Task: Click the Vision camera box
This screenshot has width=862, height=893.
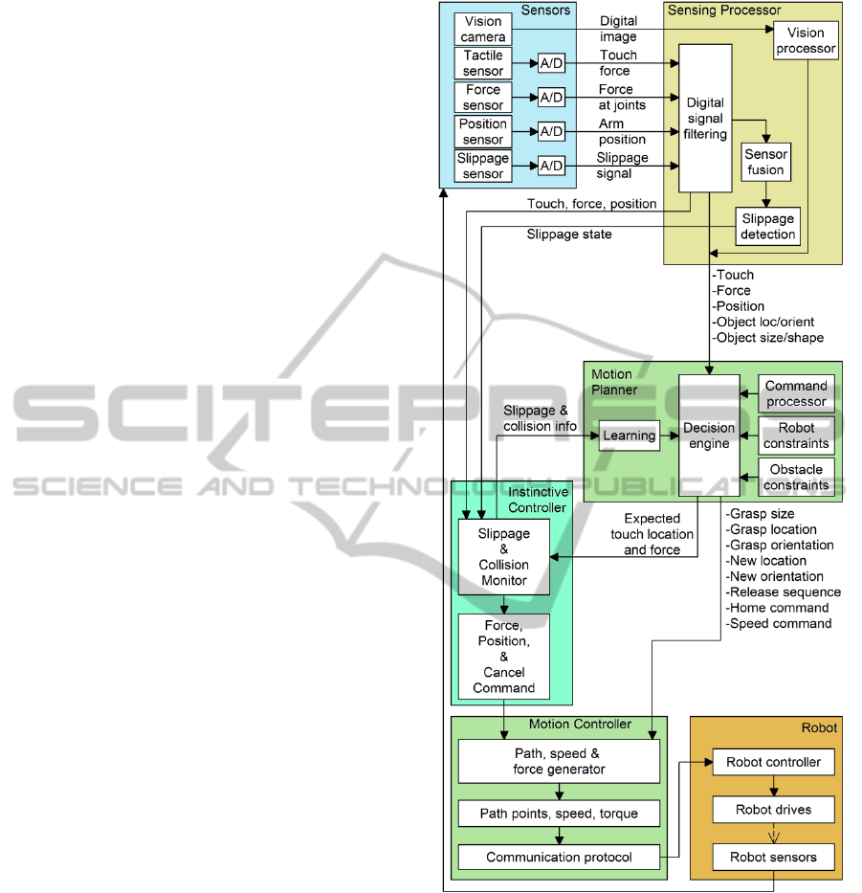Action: click(x=483, y=29)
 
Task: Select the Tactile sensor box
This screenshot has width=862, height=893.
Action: click(x=483, y=63)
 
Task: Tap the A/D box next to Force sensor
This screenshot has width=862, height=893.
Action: click(x=551, y=98)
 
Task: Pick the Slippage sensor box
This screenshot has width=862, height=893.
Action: click(x=483, y=166)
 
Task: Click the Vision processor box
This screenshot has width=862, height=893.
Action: click(x=805, y=41)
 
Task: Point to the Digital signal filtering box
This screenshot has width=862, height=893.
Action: click(x=705, y=118)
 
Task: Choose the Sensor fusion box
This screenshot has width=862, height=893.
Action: click(x=766, y=162)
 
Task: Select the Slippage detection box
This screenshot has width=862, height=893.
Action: click(x=767, y=226)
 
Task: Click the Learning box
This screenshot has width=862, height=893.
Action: click(x=630, y=435)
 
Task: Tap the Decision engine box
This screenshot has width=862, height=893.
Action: click(x=708, y=435)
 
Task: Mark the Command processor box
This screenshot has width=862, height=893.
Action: click(x=796, y=393)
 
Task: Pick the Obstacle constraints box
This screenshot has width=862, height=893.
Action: click(x=796, y=478)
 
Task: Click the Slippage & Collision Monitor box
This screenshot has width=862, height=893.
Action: click(x=503, y=557)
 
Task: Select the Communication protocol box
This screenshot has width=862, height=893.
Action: click(x=559, y=857)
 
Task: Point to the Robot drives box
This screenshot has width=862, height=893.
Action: click(x=773, y=810)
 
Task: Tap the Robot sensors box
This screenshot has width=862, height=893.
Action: click(x=773, y=857)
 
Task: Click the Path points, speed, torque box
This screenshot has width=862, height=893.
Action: click(x=559, y=814)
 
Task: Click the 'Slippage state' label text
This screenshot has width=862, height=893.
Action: click(x=568, y=235)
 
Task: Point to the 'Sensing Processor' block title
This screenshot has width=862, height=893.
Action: click(x=724, y=11)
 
